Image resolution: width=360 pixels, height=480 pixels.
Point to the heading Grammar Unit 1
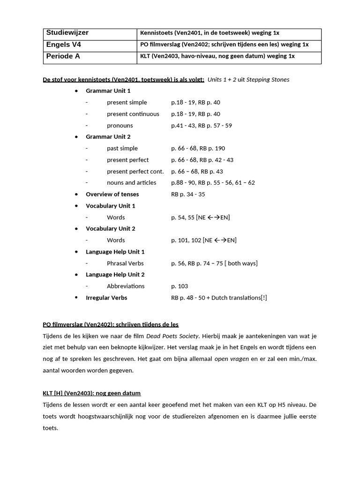tap(108, 91)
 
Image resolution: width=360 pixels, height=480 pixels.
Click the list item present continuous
tap(133, 114)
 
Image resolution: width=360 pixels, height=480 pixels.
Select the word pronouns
tap(120, 126)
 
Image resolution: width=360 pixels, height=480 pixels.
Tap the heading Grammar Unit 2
tap(108, 137)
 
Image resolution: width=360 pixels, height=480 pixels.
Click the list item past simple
tap(122, 148)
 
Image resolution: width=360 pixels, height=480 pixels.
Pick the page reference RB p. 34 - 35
tap(188, 194)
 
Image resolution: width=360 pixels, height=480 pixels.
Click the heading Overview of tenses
tap(112, 194)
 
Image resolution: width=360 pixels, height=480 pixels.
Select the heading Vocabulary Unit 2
tap(110, 228)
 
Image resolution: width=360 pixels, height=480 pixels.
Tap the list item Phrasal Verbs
tap(125, 263)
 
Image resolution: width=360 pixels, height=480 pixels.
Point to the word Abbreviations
tap(126, 286)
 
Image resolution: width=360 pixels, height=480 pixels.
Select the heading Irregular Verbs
tap(106, 298)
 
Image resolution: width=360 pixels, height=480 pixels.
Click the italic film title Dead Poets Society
tap(172, 336)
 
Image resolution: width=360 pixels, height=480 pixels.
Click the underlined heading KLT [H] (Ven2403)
tap(91, 393)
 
